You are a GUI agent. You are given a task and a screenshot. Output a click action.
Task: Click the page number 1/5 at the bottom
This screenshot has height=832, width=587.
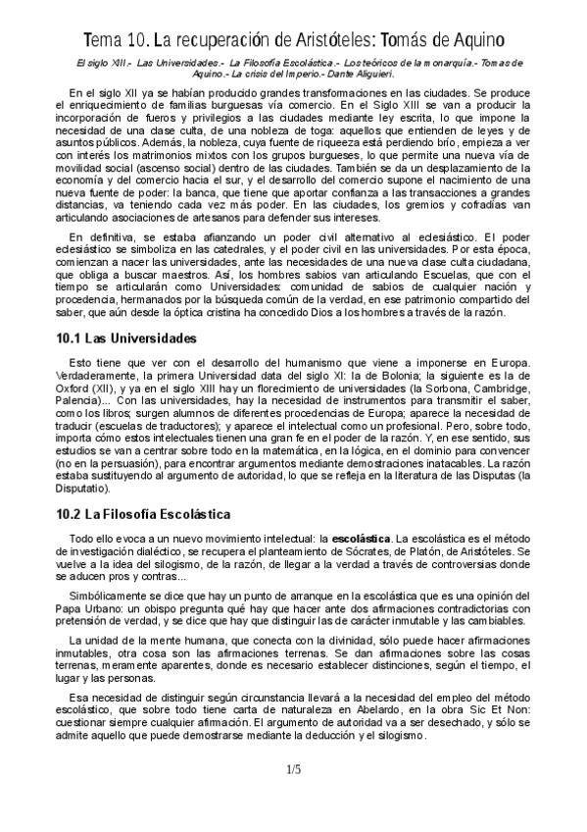pos(293,769)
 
